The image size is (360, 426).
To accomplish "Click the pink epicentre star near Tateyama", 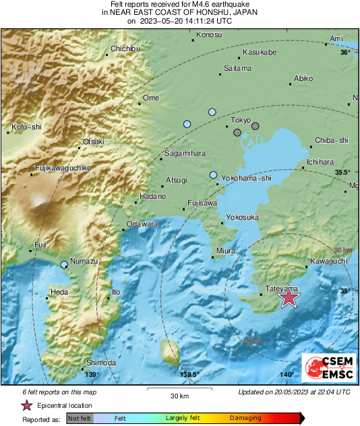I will coord(289,297).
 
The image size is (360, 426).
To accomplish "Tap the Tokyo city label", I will coord(241,119).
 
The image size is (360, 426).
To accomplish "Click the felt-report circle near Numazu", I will coord(64,265).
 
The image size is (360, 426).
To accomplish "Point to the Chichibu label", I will coord(125,49).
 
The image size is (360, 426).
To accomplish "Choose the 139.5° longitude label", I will coord(190,375).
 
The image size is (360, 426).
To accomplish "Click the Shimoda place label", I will coord(101,363).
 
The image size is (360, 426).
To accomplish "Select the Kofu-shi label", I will coord(27,126).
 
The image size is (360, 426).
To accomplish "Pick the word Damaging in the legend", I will coord(245,418).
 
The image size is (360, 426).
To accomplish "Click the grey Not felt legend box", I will coord(79,418).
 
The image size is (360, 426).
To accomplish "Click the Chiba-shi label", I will coord(332,140).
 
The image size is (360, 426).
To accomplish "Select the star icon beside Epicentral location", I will coord(27,405).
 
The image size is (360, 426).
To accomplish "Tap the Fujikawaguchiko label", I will coord(63,167).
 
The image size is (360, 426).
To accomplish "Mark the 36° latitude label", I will coord(345,52).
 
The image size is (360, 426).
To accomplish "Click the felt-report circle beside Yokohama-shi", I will coord(214,175).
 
